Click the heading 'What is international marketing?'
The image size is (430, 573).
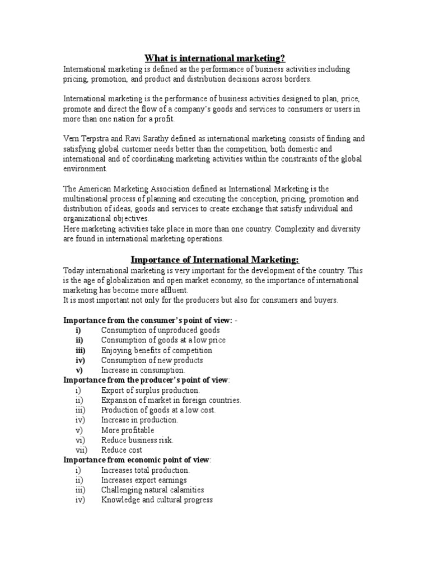pos(216,58)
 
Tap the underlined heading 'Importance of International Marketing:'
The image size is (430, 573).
pos(216,260)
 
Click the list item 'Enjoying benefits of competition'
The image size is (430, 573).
pos(157,350)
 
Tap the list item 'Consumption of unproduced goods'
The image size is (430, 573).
pos(160,330)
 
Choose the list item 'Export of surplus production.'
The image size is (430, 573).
pos(150,390)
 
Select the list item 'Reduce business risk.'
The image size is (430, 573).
pos(137,440)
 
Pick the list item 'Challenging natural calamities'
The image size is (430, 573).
pos(152,490)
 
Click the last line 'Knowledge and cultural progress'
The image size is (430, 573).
pos(157,500)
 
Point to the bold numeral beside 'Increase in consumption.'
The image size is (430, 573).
pos(79,370)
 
